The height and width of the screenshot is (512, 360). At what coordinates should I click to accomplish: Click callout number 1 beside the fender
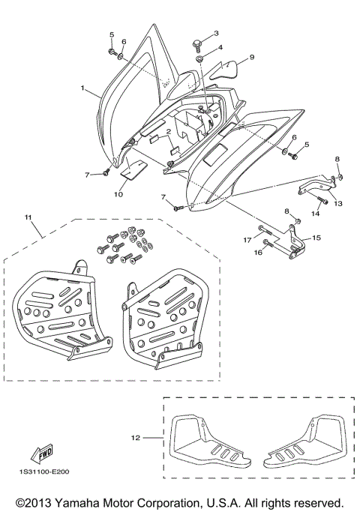point(82,88)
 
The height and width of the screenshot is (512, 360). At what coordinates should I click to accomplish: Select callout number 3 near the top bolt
point(215,34)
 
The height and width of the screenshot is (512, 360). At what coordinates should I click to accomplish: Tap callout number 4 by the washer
point(220,47)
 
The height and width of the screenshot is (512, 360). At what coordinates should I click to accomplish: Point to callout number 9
point(251,57)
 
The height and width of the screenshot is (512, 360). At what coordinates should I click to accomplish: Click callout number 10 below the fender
point(118,194)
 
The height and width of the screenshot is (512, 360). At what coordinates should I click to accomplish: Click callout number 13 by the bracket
point(337,202)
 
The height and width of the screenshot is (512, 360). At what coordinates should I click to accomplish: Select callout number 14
point(315,214)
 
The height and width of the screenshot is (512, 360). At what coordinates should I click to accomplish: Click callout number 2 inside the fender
point(169,132)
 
